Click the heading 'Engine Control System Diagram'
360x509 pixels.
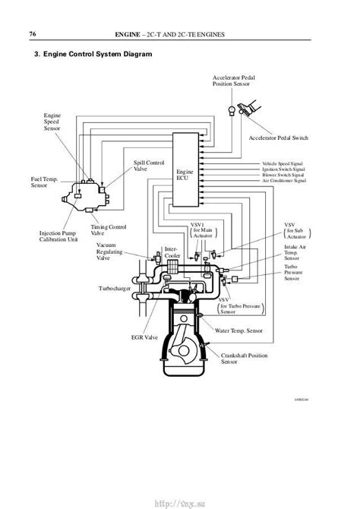99,55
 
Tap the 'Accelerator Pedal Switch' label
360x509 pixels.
280,138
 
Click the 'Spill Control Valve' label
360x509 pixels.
149,166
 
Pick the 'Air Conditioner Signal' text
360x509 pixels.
285,182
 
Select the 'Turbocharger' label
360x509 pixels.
115,289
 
